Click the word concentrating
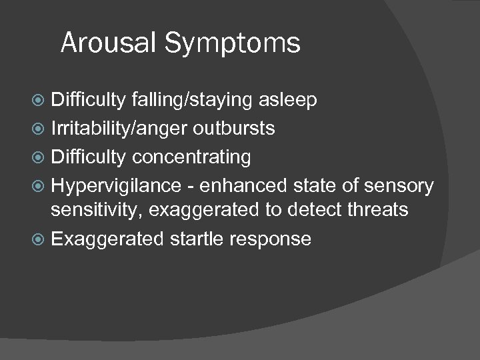point(191,158)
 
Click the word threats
point(381,211)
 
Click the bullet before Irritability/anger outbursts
point(43,129)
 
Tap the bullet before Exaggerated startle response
point(43,239)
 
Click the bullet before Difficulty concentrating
point(43,158)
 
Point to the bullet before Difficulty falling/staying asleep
point(43,100)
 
